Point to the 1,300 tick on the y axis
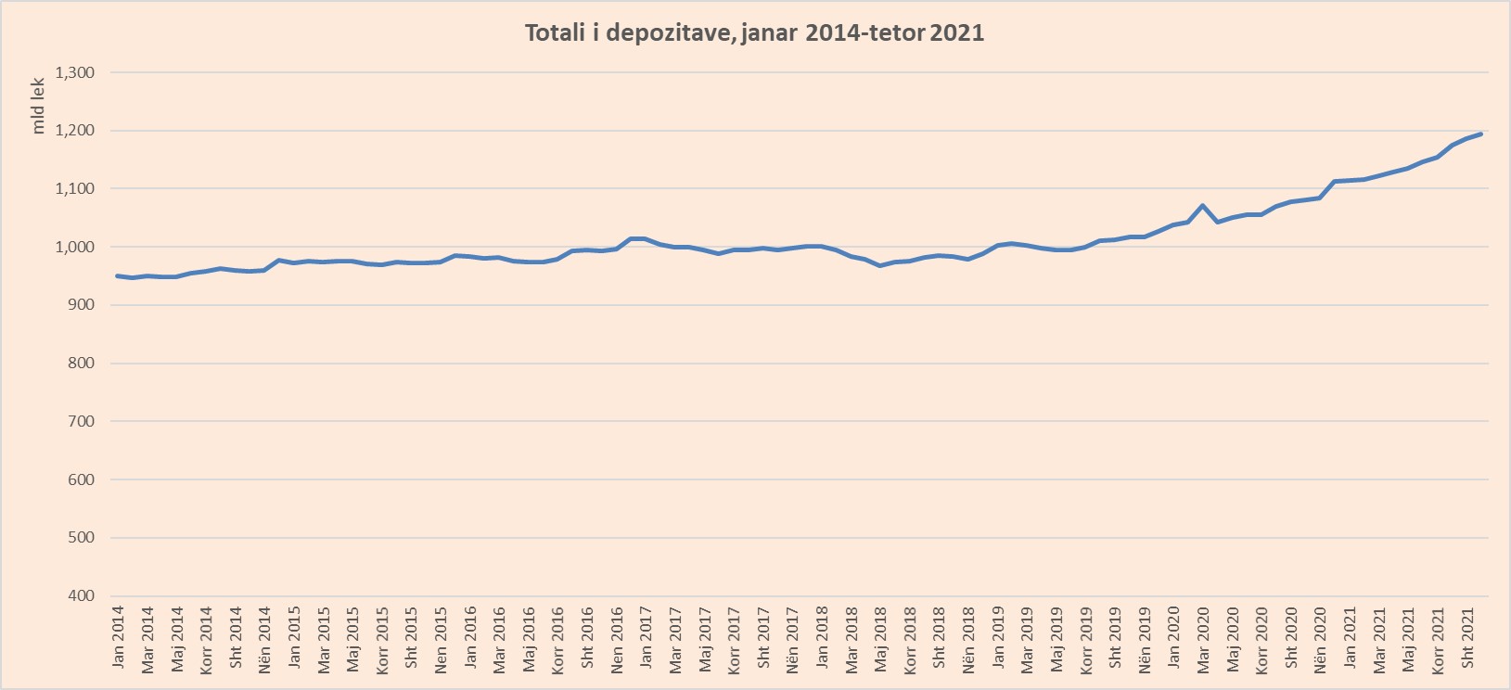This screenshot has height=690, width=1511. [x=75, y=72]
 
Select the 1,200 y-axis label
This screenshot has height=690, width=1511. [x=75, y=131]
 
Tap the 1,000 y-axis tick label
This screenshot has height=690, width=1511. [x=75, y=247]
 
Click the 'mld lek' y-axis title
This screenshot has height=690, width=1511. [x=39, y=105]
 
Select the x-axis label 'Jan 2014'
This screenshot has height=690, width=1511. [x=118, y=637]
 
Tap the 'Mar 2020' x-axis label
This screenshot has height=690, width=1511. [x=1203, y=638]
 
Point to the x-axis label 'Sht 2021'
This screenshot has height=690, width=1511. [x=1467, y=638]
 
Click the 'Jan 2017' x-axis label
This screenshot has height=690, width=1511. [x=646, y=637]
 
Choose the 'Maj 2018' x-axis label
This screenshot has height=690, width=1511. [x=880, y=638]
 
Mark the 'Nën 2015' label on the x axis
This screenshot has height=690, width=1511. [x=441, y=638]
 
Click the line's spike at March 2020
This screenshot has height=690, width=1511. [x=1203, y=206]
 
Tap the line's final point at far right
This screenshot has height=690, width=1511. [x=1481, y=134]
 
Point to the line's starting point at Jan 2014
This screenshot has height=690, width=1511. [x=118, y=275]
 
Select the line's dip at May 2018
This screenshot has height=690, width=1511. [x=880, y=265]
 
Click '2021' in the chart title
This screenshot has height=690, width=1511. [x=956, y=33]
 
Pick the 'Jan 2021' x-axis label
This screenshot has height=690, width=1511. [x=1350, y=637]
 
